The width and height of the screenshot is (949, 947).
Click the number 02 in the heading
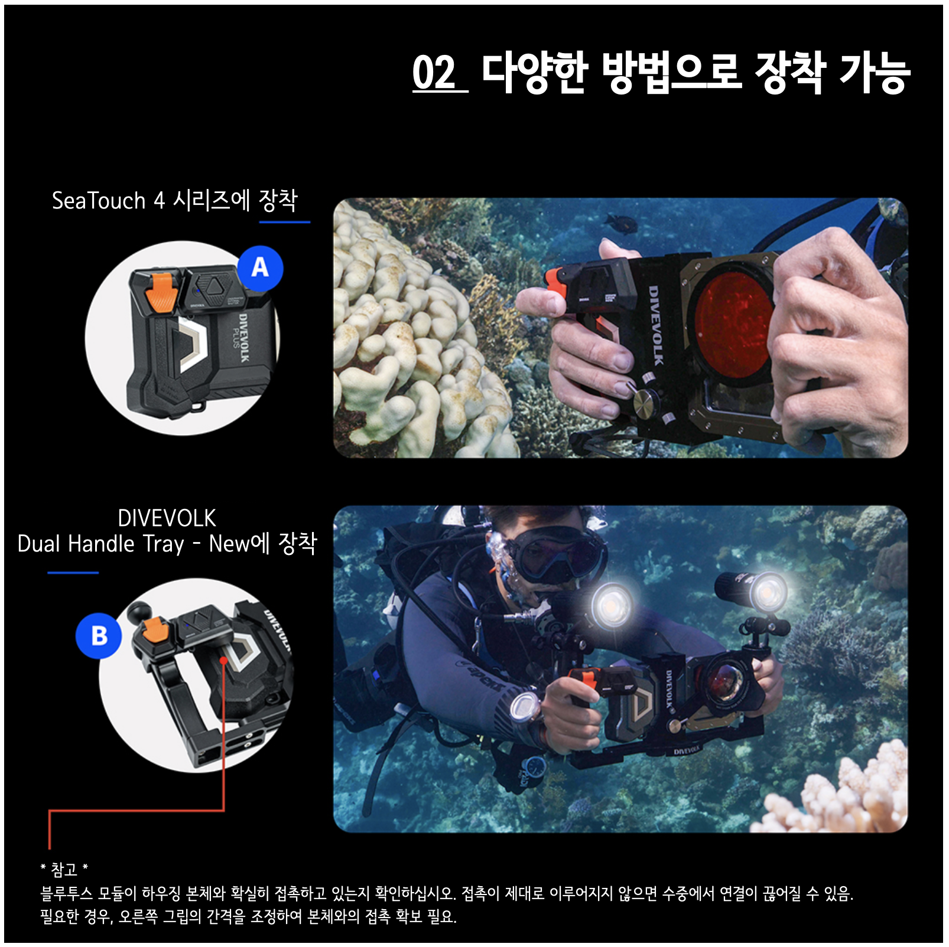coord(434,73)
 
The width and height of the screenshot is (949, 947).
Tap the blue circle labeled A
coord(260,269)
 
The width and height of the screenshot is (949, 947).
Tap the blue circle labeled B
coord(99,636)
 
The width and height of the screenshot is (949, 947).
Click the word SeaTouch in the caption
coord(99,201)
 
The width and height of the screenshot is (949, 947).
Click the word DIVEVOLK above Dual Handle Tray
coord(167,518)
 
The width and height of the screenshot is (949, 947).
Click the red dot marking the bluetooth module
coord(223,659)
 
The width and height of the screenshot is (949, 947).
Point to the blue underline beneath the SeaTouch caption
coord(285,222)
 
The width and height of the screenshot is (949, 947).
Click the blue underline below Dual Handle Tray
coord(73,572)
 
